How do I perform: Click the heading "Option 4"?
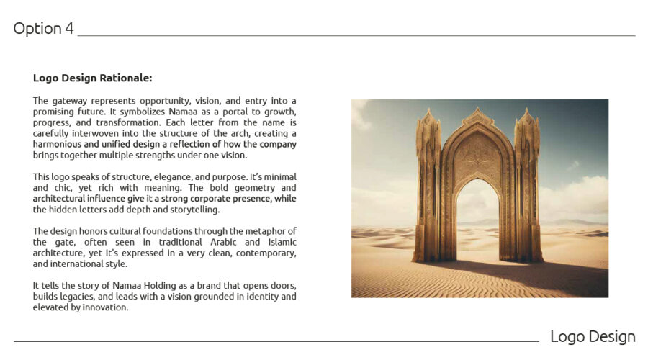click(x=43, y=29)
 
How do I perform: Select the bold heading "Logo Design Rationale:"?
click(x=92, y=78)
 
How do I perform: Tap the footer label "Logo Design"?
click(x=593, y=336)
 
